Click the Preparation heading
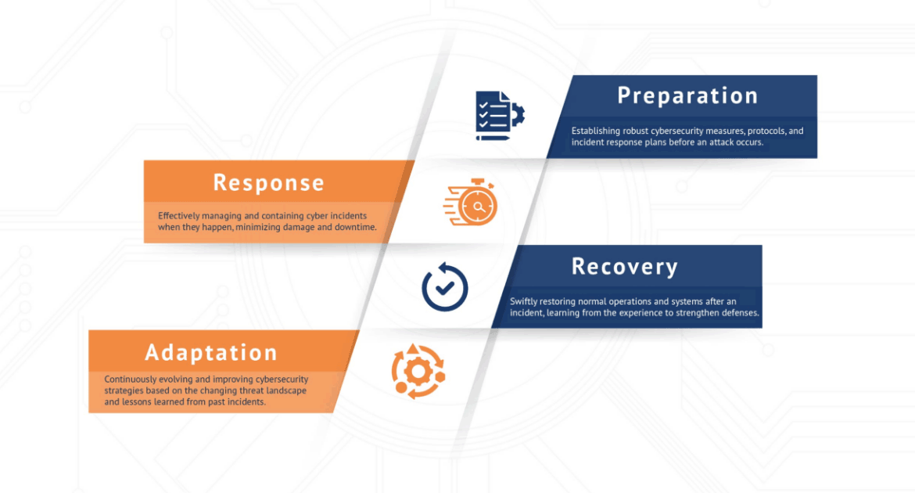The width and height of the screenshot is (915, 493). (x=687, y=95)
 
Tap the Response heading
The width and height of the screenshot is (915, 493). (x=268, y=183)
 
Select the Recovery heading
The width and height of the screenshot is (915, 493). (x=624, y=266)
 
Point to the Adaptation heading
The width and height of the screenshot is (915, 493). (x=211, y=353)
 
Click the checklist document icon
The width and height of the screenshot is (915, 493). (x=500, y=116)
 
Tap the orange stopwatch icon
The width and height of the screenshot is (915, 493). (x=471, y=202)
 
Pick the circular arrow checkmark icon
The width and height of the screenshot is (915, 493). (x=445, y=287)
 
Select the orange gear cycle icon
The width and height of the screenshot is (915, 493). (x=418, y=372)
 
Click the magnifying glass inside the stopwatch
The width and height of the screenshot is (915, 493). (x=479, y=207)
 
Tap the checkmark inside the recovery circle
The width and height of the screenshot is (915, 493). (x=445, y=287)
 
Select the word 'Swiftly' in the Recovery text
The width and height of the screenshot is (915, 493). (x=523, y=302)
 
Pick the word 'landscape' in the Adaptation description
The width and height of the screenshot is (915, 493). (x=286, y=390)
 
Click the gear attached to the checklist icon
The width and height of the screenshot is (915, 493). (x=517, y=113)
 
